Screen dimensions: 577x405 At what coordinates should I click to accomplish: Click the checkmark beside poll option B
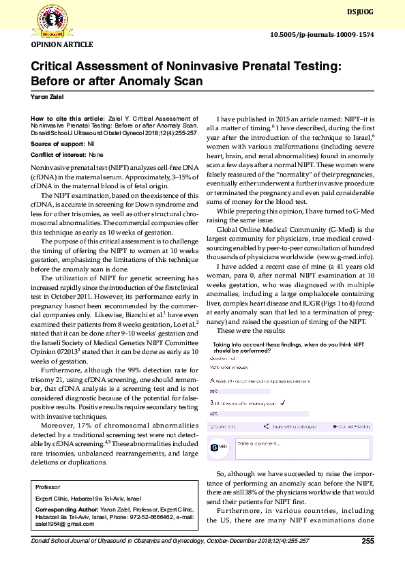(283, 403)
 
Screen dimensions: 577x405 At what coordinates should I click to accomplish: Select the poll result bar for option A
(260, 391)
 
